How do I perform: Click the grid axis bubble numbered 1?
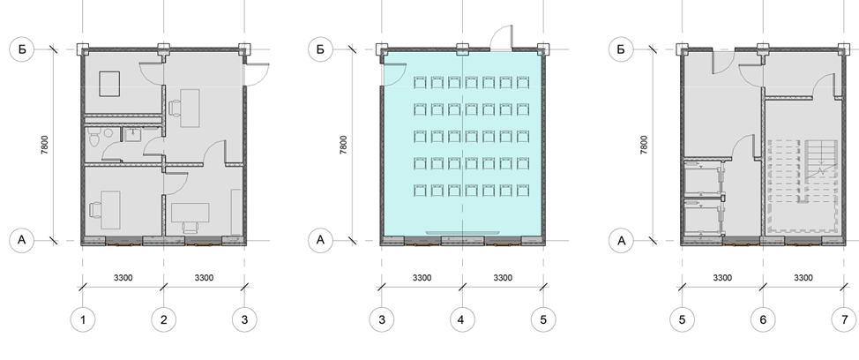click(x=83, y=319)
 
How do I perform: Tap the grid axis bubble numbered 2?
click(x=164, y=319)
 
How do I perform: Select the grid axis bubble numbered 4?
click(x=462, y=319)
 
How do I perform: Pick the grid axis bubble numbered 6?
click(x=763, y=319)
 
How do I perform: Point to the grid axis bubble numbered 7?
click(x=844, y=319)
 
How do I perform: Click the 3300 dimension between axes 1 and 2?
click(x=123, y=278)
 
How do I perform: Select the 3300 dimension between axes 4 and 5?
click(x=503, y=278)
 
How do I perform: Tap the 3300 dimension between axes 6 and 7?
click(x=803, y=278)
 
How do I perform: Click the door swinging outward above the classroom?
click(x=502, y=38)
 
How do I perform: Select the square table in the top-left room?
click(x=109, y=84)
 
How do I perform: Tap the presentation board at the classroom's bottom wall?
click(x=462, y=234)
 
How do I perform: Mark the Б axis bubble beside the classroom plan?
click(x=320, y=49)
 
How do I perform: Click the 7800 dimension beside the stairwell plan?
click(x=644, y=146)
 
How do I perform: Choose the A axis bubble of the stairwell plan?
click(x=621, y=241)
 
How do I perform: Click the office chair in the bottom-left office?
click(x=95, y=210)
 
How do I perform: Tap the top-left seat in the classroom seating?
click(x=420, y=83)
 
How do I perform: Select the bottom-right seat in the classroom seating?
click(x=522, y=191)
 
